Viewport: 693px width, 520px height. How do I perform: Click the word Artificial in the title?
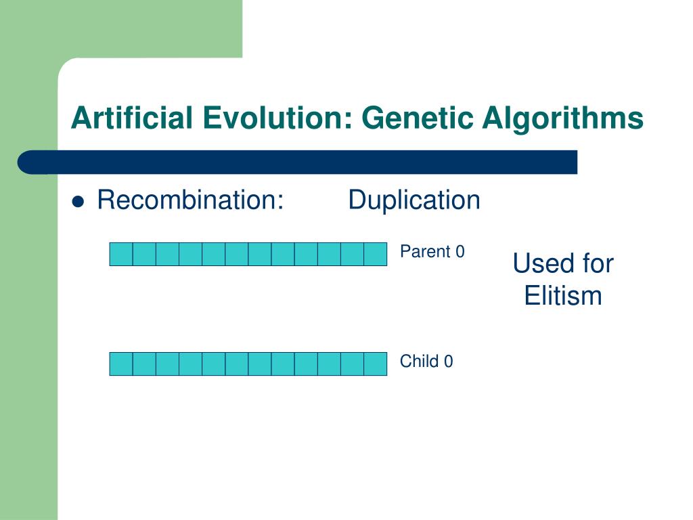[132, 118]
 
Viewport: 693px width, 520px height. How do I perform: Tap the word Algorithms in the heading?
[562, 118]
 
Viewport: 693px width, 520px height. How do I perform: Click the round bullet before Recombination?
[79, 202]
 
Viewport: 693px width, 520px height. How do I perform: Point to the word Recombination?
[190, 200]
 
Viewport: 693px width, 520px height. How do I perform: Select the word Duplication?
[414, 200]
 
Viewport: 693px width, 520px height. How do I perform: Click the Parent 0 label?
[432, 251]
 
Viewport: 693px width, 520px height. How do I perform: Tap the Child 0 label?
[426, 361]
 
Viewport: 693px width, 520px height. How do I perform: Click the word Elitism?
[563, 295]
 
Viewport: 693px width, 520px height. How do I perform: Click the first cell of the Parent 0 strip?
[121, 255]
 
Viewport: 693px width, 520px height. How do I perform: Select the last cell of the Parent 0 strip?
[375, 255]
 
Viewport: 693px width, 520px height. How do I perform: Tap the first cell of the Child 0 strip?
[121, 364]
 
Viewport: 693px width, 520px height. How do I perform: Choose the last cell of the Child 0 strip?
[375, 364]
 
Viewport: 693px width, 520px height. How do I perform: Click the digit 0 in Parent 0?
[460, 251]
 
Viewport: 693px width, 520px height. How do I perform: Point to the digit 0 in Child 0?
[449, 361]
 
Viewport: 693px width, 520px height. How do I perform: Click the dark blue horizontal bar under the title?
[298, 162]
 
